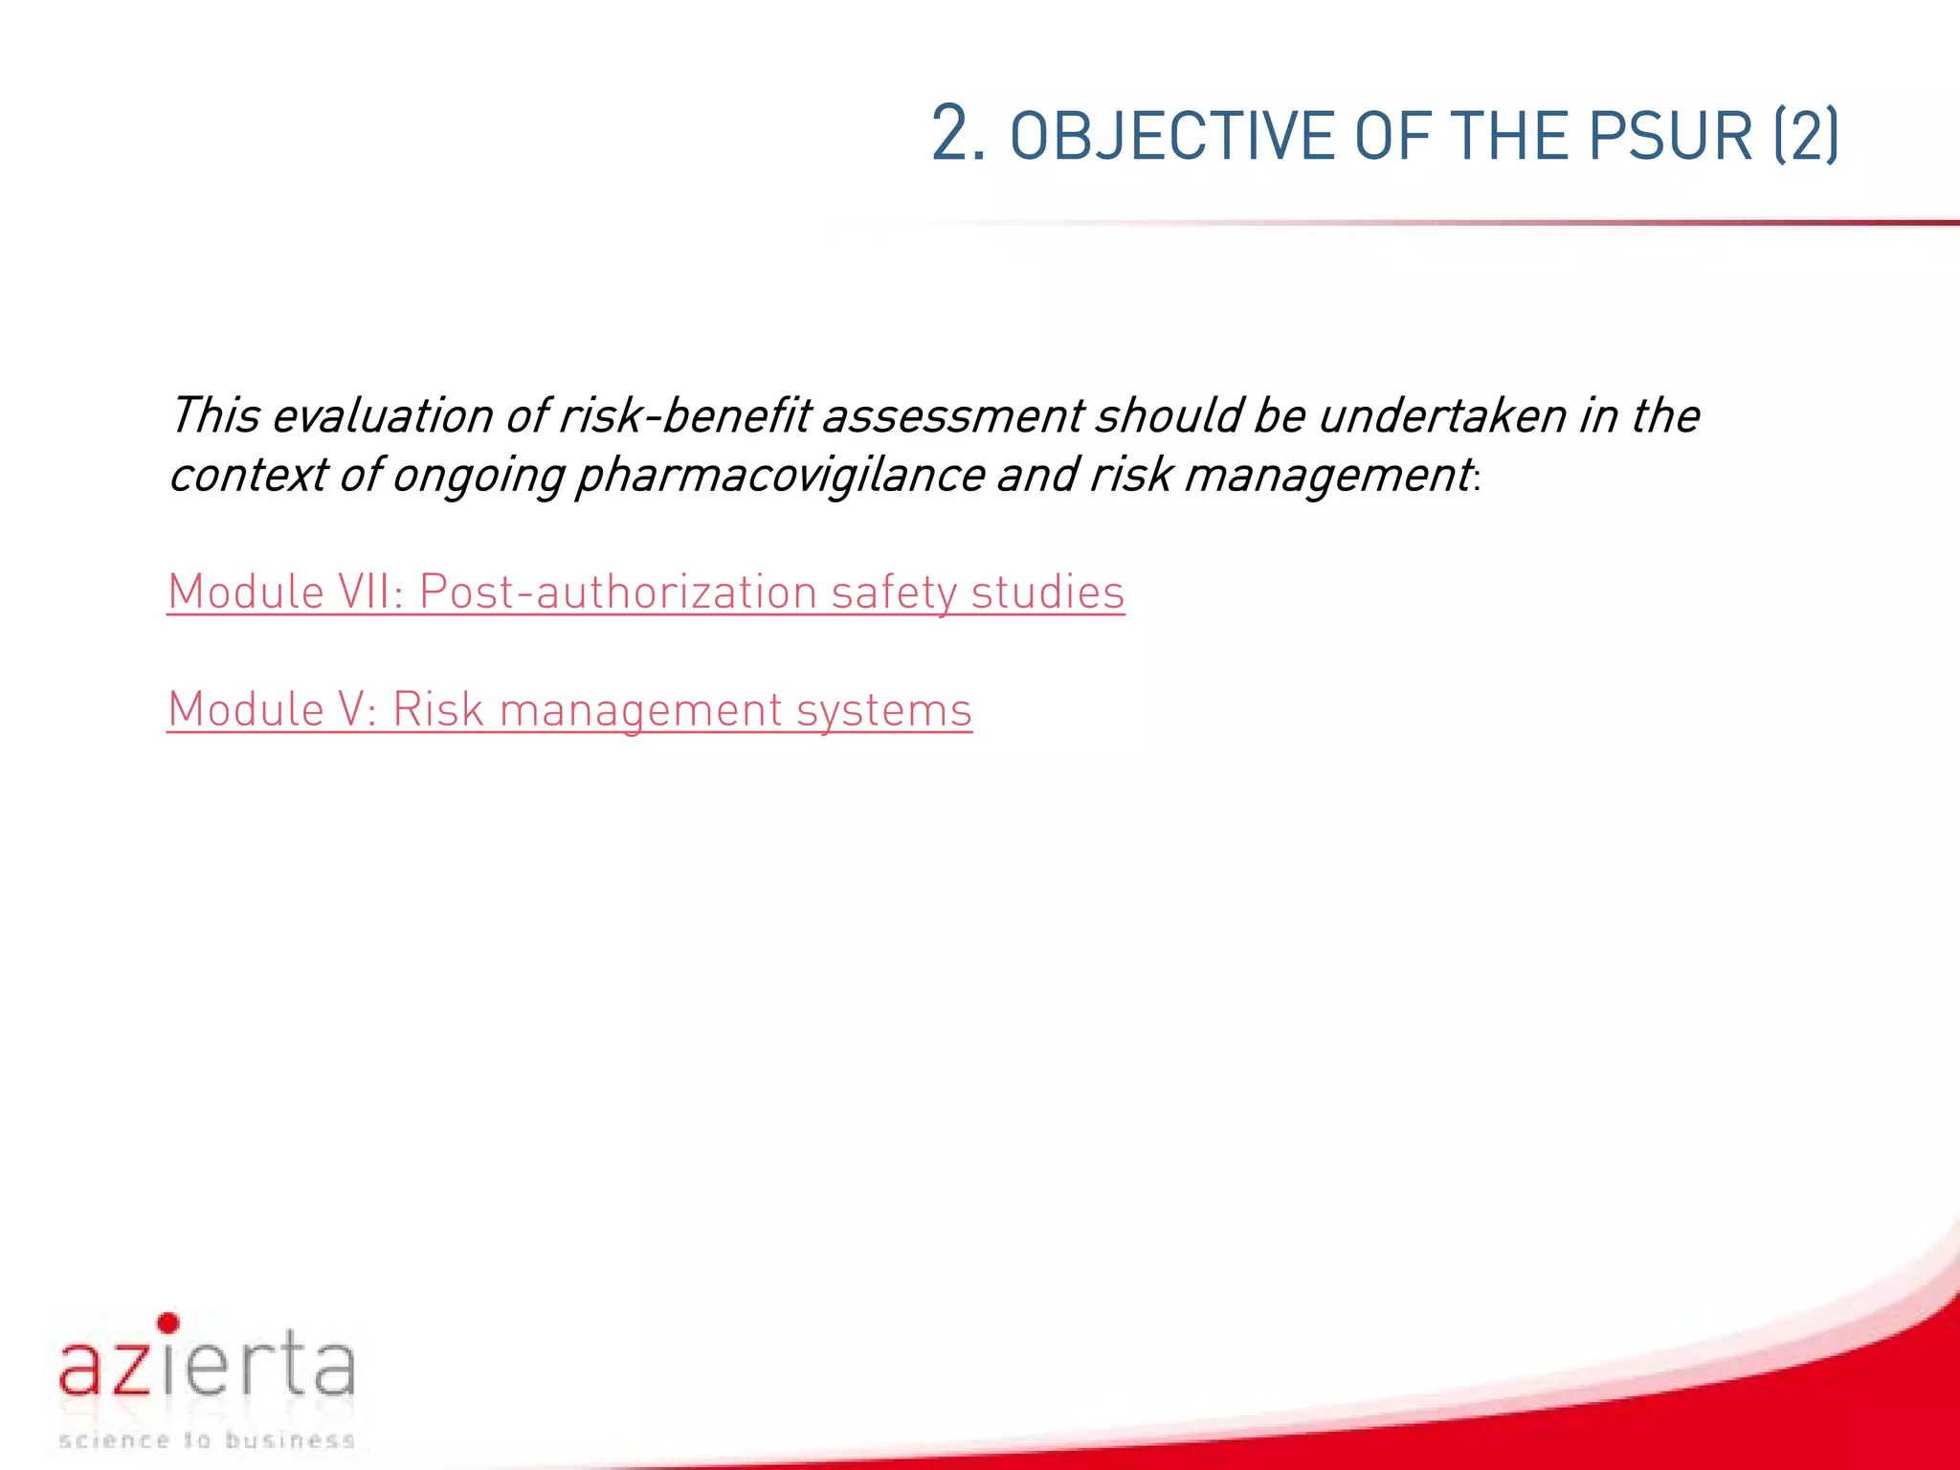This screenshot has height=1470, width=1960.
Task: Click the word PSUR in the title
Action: [x=1670, y=136]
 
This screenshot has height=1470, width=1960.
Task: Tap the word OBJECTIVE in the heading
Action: [x=1172, y=136]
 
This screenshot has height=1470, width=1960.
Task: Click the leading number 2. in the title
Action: [x=958, y=134]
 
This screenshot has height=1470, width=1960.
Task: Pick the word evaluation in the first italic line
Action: [x=382, y=416]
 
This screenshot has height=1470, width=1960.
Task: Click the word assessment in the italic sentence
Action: [x=952, y=416]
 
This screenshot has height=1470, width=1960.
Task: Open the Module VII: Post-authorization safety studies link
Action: [x=645, y=592]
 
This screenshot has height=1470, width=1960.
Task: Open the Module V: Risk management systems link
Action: [x=569, y=710]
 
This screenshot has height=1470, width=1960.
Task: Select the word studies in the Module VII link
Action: [x=1048, y=592]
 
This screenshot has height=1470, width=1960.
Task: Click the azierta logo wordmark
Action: [x=207, y=1367]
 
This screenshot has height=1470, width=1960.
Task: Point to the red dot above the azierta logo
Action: [x=168, y=1324]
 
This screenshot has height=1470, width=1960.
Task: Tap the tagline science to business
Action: [x=207, y=1439]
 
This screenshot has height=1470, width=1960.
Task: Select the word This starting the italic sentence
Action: [x=214, y=416]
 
